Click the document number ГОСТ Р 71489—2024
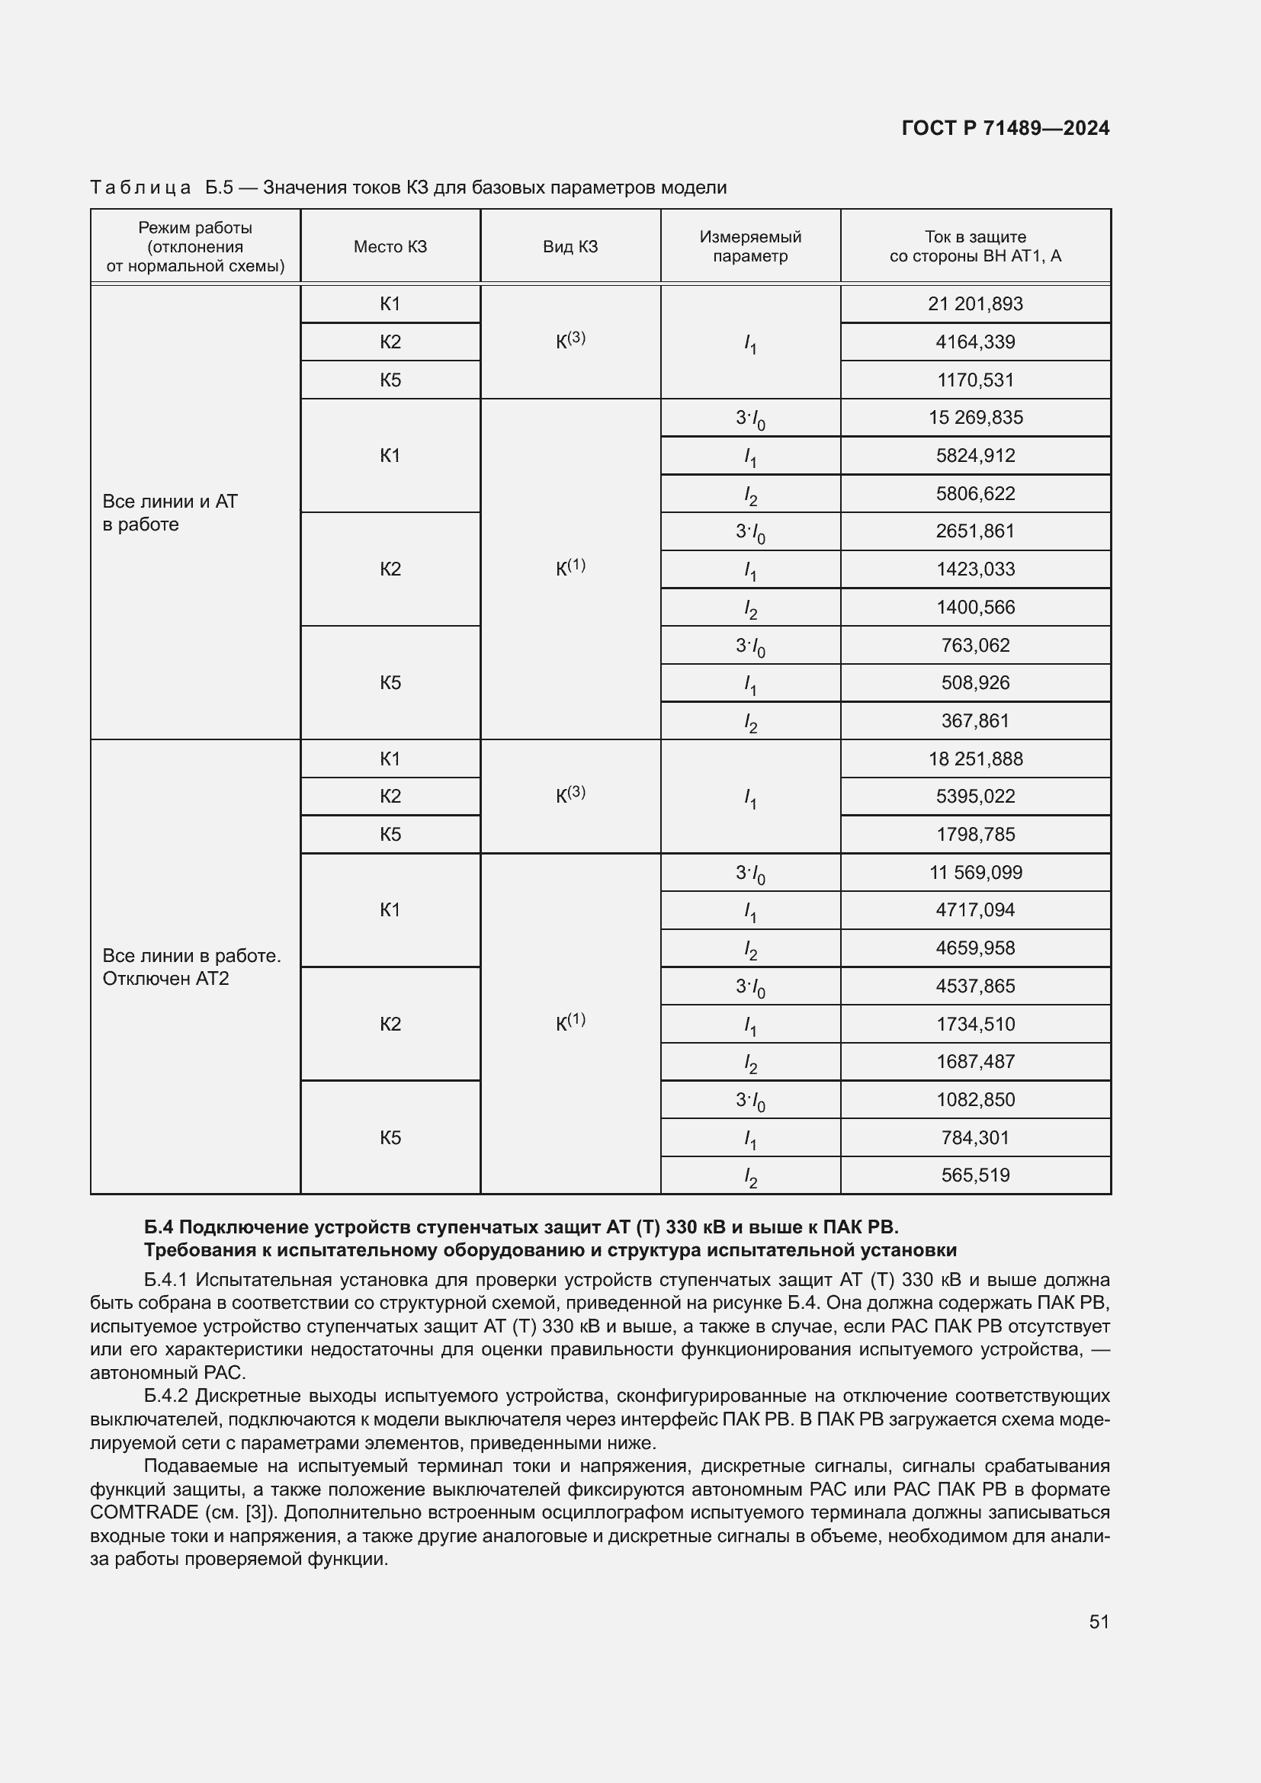coord(1006,128)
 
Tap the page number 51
coord(1099,1621)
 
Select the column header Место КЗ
coord(390,247)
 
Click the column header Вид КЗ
coord(570,247)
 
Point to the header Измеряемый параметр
coord(750,246)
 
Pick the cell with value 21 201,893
coord(975,303)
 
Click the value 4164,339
coord(975,342)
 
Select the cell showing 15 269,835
coord(975,417)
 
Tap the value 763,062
coord(975,645)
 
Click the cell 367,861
coord(975,720)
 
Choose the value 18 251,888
coord(975,758)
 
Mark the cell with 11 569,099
coord(975,872)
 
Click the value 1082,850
coord(975,1100)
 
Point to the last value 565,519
coord(975,1175)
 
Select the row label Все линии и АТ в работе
coord(170,512)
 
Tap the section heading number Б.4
coord(159,1227)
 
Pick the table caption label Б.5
coord(219,188)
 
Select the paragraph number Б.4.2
coord(166,1396)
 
